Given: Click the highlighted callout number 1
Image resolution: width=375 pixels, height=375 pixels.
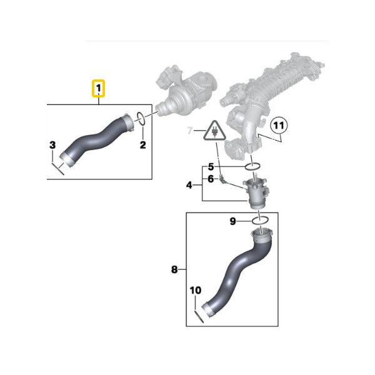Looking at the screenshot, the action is pyautogui.click(x=99, y=88).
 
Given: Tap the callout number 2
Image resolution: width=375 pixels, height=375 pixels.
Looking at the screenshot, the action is pyautogui.click(x=142, y=145).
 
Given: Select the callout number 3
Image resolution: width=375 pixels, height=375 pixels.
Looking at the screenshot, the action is pyautogui.click(x=52, y=145).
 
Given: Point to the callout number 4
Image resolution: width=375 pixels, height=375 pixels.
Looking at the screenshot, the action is pyautogui.click(x=189, y=185).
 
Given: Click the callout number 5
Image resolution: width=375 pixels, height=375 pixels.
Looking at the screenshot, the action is pyautogui.click(x=211, y=167).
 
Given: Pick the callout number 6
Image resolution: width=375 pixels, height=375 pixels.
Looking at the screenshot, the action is pyautogui.click(x=211, y=179).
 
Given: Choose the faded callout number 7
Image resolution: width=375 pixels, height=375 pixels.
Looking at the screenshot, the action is pyautogui.click(x=190, y=131).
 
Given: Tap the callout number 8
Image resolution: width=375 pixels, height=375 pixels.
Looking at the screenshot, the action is pyautogui.click(x=174, y=269).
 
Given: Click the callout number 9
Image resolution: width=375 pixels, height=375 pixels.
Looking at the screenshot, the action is pyautogui.click(x=232, y=221).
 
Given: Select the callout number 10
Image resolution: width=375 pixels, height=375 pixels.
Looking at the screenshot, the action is pyautogui.click(x=196, y=291).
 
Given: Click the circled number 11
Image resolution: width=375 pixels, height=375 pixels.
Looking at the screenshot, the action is pyautogui.click(x=279, y=126).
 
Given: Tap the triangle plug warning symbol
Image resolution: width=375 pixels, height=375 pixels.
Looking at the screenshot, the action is pyautogui.click(x=214, y=131).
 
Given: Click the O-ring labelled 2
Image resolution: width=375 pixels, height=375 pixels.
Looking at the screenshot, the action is pyautogui.click(x=141, y=118).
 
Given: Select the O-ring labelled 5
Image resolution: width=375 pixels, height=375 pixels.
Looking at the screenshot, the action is pyautogui.click(x=252, y=166).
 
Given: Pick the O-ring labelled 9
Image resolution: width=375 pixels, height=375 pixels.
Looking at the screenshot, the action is pyautogui.click(x=260, y=220).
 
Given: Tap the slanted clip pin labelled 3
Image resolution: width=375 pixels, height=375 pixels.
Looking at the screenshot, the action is pyautogui.click(x=58, y=169).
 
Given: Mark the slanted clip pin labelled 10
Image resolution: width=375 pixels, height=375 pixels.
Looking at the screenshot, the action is pyautogui.click(x=199, y=316).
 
